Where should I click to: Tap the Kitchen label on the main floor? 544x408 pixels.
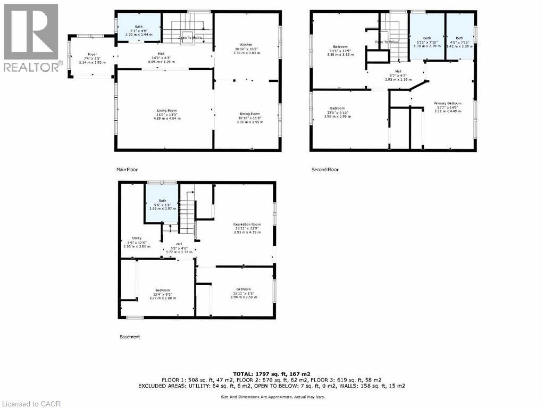tap(246, 45)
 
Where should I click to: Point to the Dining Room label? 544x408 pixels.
tap(248, 114)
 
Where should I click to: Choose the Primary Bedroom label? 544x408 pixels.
tap(447, 103)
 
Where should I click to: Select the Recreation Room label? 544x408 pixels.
tap(247, 224)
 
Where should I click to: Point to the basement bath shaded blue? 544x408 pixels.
tap(162, 202)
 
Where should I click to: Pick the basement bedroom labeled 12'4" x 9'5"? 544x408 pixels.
tap(162, 290)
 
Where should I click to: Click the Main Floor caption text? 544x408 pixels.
tap(128, 170)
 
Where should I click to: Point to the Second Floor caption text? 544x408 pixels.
tap(325, 170)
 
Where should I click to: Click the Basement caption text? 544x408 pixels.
tap(130, 337)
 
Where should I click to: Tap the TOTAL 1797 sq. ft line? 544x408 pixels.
tap(272, 374)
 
